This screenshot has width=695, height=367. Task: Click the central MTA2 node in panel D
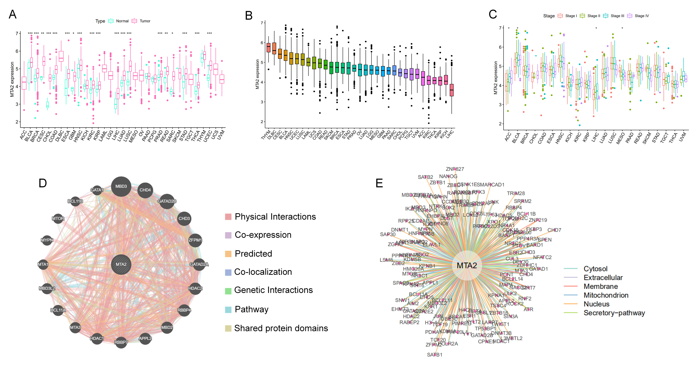click(x=121, y=265)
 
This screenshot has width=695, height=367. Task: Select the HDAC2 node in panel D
click(x=195, y=288)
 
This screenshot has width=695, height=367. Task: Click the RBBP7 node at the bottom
click(x=121, y=342)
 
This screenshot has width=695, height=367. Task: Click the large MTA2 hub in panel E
click(x=467, y=266)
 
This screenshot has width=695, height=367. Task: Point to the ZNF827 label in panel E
click(x=455, y=169)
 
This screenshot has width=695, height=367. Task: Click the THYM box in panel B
click(x=268, y=48)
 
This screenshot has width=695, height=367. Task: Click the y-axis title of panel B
click(x=257, y=74)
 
